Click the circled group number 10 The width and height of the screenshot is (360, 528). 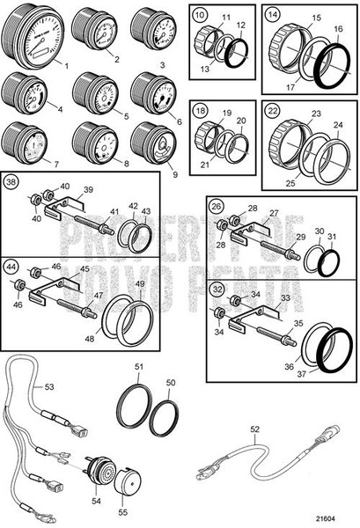tap(202, 15)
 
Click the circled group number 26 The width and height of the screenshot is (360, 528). tap(217, 208)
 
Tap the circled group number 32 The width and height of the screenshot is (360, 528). tap(217, 287)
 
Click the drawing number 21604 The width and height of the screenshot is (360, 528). tap(333, 517)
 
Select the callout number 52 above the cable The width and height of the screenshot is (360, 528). tap(254, 429)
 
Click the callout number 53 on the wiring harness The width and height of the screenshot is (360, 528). tap(48, 385)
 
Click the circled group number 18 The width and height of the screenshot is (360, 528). tap(202, 112)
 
